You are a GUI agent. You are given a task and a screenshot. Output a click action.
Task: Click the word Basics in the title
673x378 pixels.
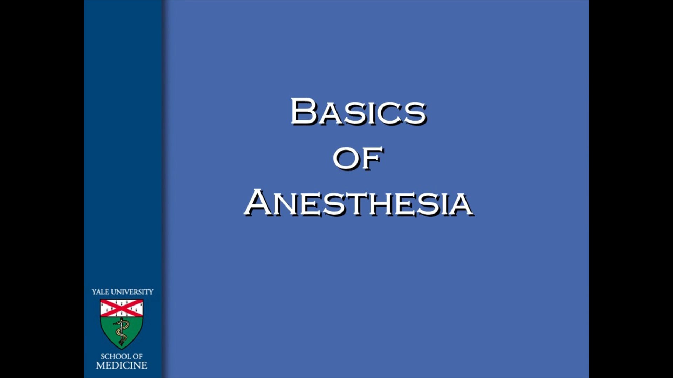pos(358,112)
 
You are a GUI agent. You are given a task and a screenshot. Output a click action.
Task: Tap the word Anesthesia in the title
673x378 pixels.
pos(359,203)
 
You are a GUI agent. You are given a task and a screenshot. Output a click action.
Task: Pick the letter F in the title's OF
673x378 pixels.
pos(372,159)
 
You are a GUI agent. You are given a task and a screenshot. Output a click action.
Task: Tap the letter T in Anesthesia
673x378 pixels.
pos(361,204)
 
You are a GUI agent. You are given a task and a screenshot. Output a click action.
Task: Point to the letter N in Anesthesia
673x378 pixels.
pos(285,204)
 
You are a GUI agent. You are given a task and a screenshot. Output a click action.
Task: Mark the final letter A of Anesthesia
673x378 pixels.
pos(460,204)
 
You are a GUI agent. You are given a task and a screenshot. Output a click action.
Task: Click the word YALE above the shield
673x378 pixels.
pos(100,292)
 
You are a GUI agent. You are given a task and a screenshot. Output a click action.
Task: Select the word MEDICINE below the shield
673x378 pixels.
pos(122,365)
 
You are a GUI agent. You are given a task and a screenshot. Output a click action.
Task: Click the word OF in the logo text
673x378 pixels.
pos(137,356)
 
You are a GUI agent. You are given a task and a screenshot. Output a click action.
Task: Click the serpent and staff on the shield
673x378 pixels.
pos(121,332)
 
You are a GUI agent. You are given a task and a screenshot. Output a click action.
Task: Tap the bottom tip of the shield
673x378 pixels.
pos(121,348)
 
